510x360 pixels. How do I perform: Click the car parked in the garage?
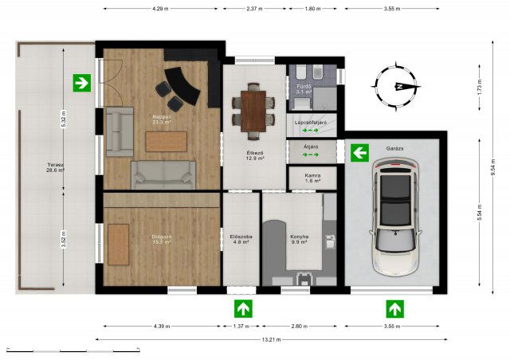pyautogui.click(x=391, y=213)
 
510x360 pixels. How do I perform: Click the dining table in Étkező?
pyautogui.click(x=253, y=108)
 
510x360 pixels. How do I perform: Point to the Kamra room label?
pyautogui.click(x=312, y=177)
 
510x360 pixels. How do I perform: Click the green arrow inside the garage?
pyautogui.click(x=359, y=152)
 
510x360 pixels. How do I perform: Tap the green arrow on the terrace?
pyautogui.click(x=80, y=81)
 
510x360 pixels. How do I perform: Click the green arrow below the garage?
pyautogui.click(x=394, y=308)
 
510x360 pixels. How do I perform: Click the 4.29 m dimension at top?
pyautogui.click(x=163, y=9)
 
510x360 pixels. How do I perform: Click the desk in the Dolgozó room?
pyautogui.click(x=119, y=245)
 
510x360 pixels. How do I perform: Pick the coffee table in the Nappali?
pyautogui.click(x=167, y=140)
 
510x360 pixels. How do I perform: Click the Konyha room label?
pyautogui.click(x=300, y=239)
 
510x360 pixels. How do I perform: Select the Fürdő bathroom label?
pyautogui.click(x=303, y=88)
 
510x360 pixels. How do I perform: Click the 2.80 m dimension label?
pyautogui.click(x=300, y=327)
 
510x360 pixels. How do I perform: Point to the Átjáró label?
pyautogui.click(x=312, y=147)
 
